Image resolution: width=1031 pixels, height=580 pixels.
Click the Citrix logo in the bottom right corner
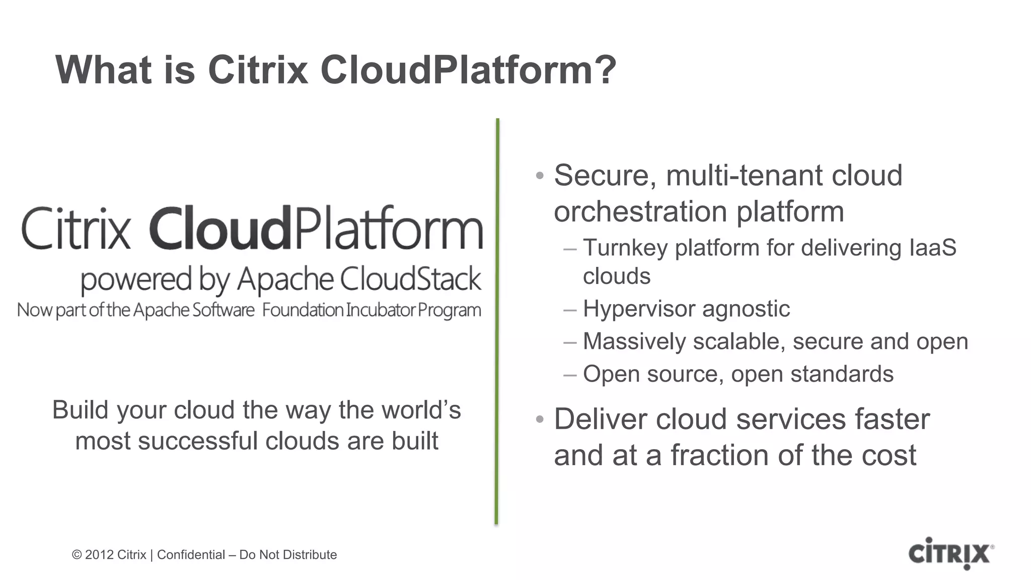[x=950, y=554]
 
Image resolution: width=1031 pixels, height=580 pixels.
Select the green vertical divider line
[x=497, y=322]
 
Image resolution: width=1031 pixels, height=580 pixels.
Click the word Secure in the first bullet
[x=605, y=175]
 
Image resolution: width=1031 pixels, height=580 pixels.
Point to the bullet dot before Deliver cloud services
[x=540, y=419]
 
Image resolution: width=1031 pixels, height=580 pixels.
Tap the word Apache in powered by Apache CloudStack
[x=285, y=279]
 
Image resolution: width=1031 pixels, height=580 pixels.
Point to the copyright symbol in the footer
[x=77, y=555]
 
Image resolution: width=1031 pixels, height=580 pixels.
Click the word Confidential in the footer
[x=191, y=555]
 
